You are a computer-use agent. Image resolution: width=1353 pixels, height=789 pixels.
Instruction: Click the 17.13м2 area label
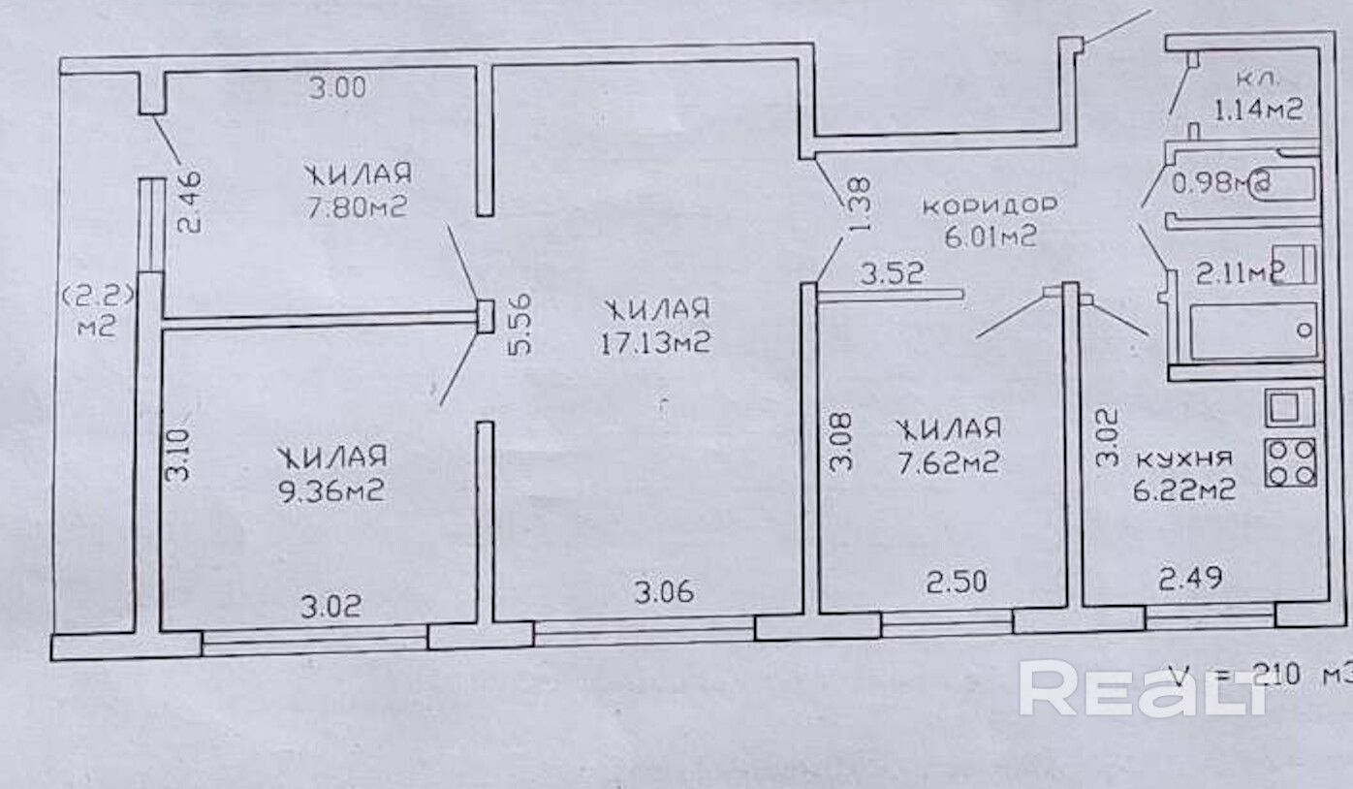pyautogui.click(x=656, y=343)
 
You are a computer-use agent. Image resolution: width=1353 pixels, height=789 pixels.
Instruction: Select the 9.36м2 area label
pyautogui.click(x=331, y=490)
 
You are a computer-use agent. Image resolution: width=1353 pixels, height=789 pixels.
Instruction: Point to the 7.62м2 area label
pyautogui.click(x=947, y=463)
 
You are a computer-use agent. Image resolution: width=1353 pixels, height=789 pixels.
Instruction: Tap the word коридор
pyautogui.click(x=988, y=205)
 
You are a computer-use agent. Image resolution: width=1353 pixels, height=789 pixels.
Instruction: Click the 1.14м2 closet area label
pyautogui.click(x=1257, y=109)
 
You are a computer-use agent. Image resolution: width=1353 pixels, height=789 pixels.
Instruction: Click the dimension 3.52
pyautogui.click(x=892, y=273)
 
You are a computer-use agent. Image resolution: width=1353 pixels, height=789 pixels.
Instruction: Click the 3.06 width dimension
pyautogui.click(x=664, y=590)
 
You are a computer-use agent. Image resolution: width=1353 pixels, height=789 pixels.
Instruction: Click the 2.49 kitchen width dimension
pyautogui.click(x=1190, y=579)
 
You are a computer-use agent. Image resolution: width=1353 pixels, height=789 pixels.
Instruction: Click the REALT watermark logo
pyautogui.click(x=1143, y=688)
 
